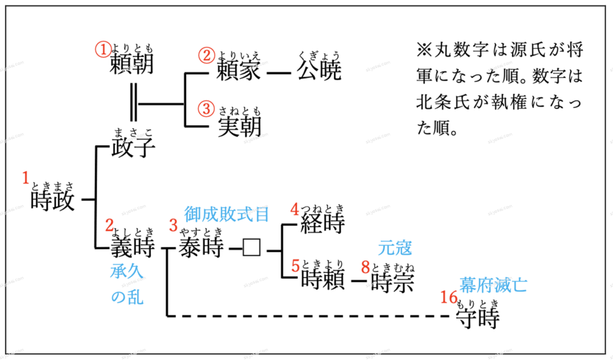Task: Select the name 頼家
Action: click(x=239, y=71)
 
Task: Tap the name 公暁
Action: click(x=319, y=71)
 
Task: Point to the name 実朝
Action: click(x=239, y=126)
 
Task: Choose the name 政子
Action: click(x=133, y=147)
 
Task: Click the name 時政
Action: click(x=53, y=200)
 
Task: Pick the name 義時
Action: click(x=133, y=246)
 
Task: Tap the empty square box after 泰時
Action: click(x=251, y=247)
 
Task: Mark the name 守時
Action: click(x=477, y=317)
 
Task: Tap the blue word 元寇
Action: click(x=395, y=247)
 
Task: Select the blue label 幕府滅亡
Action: click(x=494, y=284)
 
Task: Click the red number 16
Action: click(x=448, y=298)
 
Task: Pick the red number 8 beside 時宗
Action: click(x=365, y=266)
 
